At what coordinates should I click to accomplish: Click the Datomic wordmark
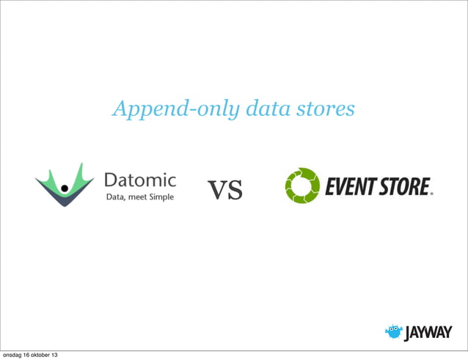point(140,180)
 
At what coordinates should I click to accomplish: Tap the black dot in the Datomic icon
point(65,188)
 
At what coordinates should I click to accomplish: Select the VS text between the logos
point(225,191)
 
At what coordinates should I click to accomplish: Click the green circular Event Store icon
point(301,186)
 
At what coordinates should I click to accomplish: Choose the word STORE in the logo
point(404,187)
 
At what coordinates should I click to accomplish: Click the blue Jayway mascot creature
point(394,331)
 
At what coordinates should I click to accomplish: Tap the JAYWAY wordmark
point(428,333)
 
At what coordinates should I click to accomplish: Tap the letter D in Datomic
point(111,180)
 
